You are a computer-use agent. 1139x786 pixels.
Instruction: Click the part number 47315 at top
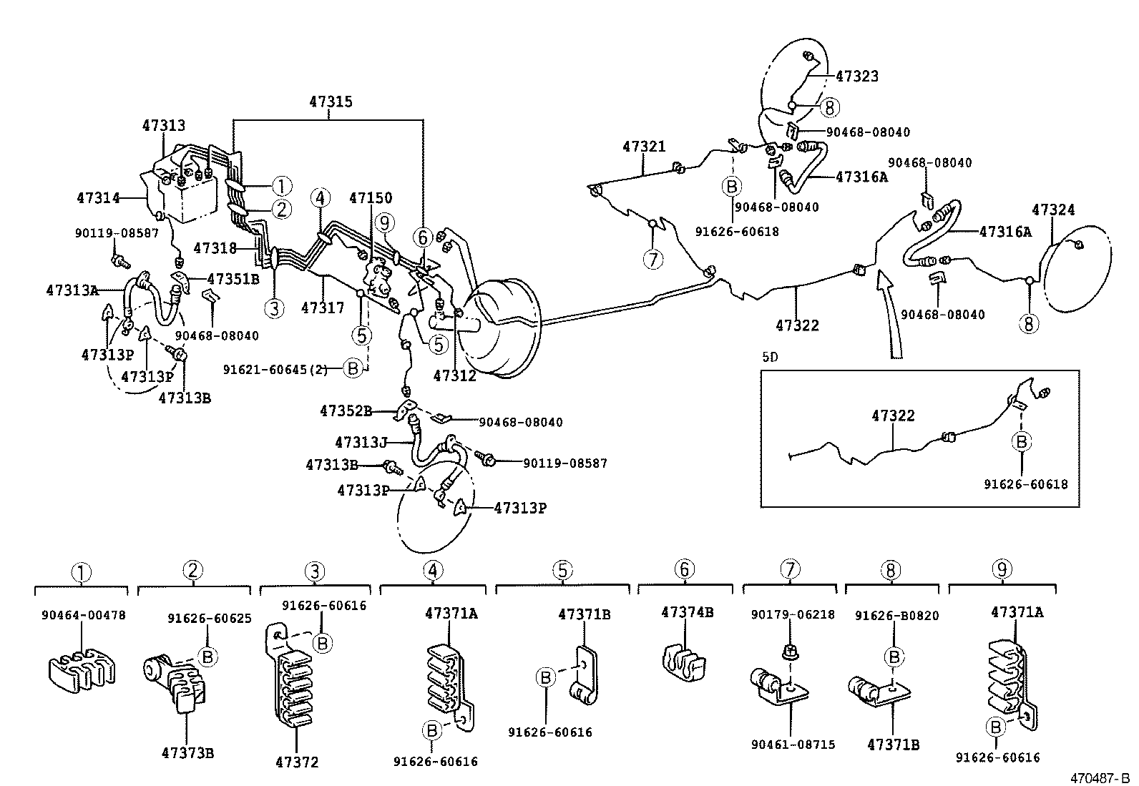pyautogui.click(x=331, y=102)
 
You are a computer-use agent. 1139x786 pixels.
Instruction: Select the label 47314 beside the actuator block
pyautogui.click(x=98, y=197)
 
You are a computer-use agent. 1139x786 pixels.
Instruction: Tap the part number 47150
pyautogui.click(x=371, y=198)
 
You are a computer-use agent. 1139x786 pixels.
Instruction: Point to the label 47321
pyautogui.click(x=644, y=147)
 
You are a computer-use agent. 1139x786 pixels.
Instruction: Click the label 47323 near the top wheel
pyautogui.click(x=857, y=77)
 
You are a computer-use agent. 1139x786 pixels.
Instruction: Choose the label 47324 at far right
pyautogui.click(x=1053, y=210)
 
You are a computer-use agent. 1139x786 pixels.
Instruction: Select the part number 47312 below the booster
pyautogui.click(x=454, y=375)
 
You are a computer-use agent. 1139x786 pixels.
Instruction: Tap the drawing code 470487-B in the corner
pyautogui.click(x=1100, y=777)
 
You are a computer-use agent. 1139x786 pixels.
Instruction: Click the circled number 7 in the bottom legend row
pyautogui.click(x=789, y=571)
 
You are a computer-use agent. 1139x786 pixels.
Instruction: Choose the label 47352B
pyautogui.click(x=346, y=411)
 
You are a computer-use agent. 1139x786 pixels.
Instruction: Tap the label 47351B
pyautogui.click(x=233, y=279)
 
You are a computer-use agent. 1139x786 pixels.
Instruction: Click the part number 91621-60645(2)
pyautogui.click(x=275, y=369)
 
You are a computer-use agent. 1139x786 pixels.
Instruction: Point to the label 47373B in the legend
pyautogui.click(x=187, y=753)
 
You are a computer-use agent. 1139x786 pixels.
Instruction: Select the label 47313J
pyautogui.click(x=361, y=443)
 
